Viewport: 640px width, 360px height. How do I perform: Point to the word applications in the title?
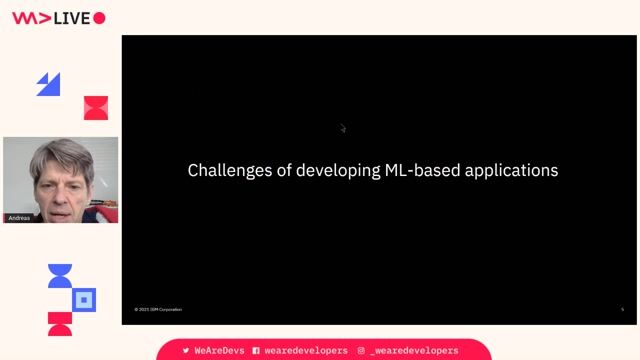pyautogui.click(x=509, y=171)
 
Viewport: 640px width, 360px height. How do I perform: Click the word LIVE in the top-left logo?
pyautogui.click(x=72, y=17)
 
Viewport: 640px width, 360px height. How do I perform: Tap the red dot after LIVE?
pyautogui.click(x=99, y=17)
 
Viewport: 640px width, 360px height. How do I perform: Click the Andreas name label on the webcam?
pyautogui.click(x=19, y=217)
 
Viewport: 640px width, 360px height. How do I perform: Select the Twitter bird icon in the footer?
pyautogui.click(x=186, y=351)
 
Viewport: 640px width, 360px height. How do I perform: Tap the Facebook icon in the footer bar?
pyautogui.click(x=256, y=351)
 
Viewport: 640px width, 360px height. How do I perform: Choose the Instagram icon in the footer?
pyautogui.click(x=361, y=351)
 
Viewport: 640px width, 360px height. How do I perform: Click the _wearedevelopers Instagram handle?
pyautogui.click(x=414, y=351)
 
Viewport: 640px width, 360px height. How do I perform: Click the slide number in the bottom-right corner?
pyautogui.click(x=622, y=309)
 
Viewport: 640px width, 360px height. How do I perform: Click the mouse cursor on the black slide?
pyautogui.click(x=342, y=127)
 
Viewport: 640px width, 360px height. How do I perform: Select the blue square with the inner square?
pyautogui.click(x=85, y=299)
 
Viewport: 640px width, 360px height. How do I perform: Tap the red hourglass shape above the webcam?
pyautogui.click(x=96, y=108)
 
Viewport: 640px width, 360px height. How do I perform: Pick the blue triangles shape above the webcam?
pyautogui.click(x=48, y=84)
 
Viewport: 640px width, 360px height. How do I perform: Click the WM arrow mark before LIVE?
pyautogui.click(x=29, y=17)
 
